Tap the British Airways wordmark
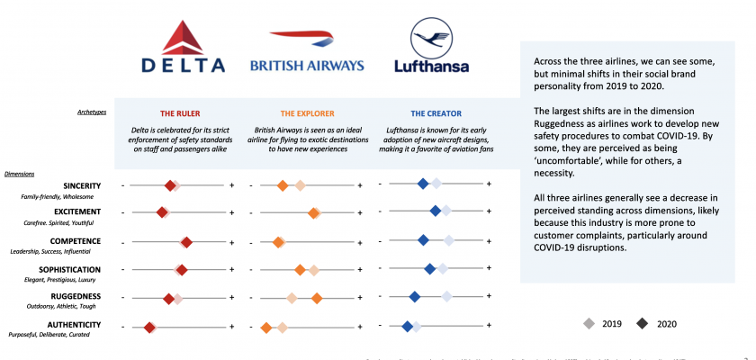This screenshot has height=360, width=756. click(307, 65)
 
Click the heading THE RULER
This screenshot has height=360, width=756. click(180, 113)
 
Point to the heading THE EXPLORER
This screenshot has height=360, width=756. click(308, 113)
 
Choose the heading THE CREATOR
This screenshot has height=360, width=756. click(436, 113)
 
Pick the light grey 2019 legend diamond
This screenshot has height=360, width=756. click(589, 323)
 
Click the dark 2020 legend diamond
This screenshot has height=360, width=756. click(642, 323)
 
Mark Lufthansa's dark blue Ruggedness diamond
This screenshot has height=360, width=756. click(414, 296)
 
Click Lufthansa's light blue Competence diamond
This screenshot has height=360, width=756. click(448, 239)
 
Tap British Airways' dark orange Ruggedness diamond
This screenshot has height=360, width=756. click(317, 297)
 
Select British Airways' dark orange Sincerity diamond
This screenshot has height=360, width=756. click(282, 185)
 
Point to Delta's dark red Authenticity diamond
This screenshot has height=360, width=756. click(149, 328)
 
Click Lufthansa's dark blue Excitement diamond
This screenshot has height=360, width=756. click(436, 211)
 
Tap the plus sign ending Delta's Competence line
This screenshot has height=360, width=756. click(231, 241)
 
